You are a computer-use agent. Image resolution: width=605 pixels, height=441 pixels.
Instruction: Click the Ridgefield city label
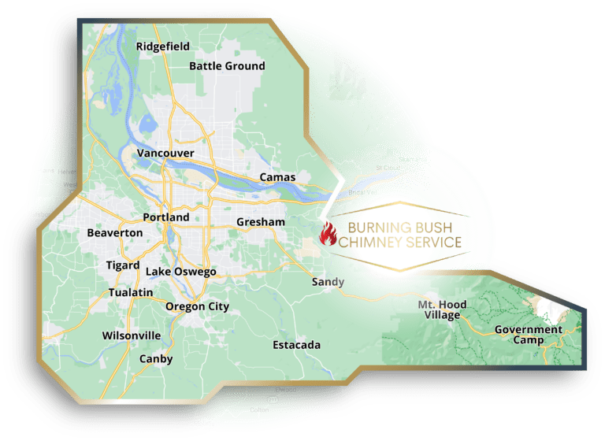163,46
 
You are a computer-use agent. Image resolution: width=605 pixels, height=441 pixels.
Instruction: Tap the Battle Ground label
227,66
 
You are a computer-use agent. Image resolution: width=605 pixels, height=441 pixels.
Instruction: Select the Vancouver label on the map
165,153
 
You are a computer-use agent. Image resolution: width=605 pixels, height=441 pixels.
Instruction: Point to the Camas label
277,177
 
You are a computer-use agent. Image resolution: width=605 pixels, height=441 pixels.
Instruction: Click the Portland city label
166,217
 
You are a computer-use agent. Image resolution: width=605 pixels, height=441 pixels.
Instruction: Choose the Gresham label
261,223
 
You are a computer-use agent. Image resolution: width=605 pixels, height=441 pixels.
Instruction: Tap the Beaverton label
115,233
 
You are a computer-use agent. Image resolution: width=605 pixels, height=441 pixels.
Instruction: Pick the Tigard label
123,265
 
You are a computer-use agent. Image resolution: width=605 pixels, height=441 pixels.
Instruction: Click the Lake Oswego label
180,272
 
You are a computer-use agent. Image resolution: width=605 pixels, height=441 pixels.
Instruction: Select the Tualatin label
131,292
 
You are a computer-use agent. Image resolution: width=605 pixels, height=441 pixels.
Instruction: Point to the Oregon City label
197,306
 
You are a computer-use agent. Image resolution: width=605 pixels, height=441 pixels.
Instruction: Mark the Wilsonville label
132,335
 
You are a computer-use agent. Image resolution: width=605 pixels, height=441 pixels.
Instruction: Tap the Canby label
155,359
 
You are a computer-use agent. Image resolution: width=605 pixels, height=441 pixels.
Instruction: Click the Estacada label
296,345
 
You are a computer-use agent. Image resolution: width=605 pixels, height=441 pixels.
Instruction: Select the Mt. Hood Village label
442,309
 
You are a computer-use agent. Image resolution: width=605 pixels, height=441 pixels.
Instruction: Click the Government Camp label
528,335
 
